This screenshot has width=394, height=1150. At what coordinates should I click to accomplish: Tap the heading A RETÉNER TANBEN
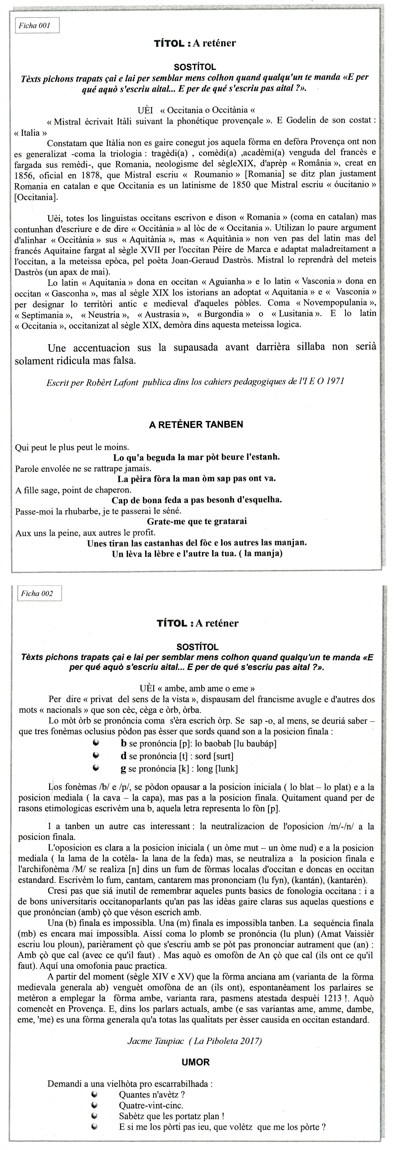point(196,424)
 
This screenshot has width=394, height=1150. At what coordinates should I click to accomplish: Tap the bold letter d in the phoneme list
point(124,756)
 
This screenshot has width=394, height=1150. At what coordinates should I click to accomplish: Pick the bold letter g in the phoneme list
point(124,769)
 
